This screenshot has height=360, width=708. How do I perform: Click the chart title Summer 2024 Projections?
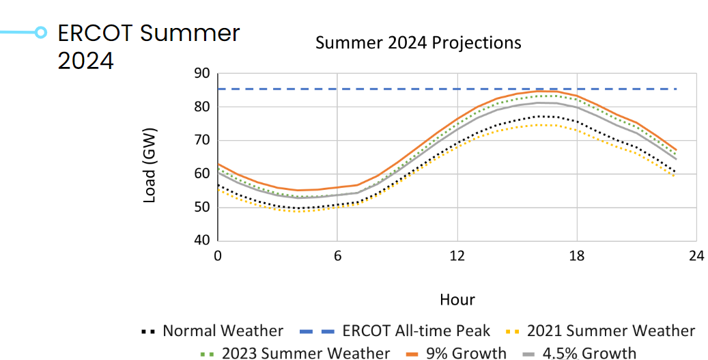pyautogui.click(x=418, y=43)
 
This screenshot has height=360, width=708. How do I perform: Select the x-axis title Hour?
pyautogui.click(x=457, y=299)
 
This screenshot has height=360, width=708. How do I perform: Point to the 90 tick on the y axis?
pyautogui.click(x=201, y=73)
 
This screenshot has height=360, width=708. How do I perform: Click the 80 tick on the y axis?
pyautogui.click(x=201, y=107)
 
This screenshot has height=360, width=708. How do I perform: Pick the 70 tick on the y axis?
pyautogui.click(x=201, y=140)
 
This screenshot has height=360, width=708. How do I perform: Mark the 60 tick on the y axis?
pyautogui.click(x=201, y=174)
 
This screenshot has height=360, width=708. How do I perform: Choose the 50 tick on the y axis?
pyautogui.click(x=201, y=207)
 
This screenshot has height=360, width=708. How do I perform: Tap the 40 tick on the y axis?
pyautogui.click(x=201, y=240)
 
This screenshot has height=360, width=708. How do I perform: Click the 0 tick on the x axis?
pyautogui.click(x=217, y=256)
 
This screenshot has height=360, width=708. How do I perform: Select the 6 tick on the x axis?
pyautogui.click(x=337, y=256)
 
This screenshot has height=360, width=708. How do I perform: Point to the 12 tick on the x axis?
pyautogui.click(x=457, y=256)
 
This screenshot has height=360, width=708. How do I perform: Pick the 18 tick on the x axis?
pyautogui.click(x=576, y=256)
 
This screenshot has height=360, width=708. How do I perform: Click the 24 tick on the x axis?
pyautogui.click(x=696, y=256)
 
